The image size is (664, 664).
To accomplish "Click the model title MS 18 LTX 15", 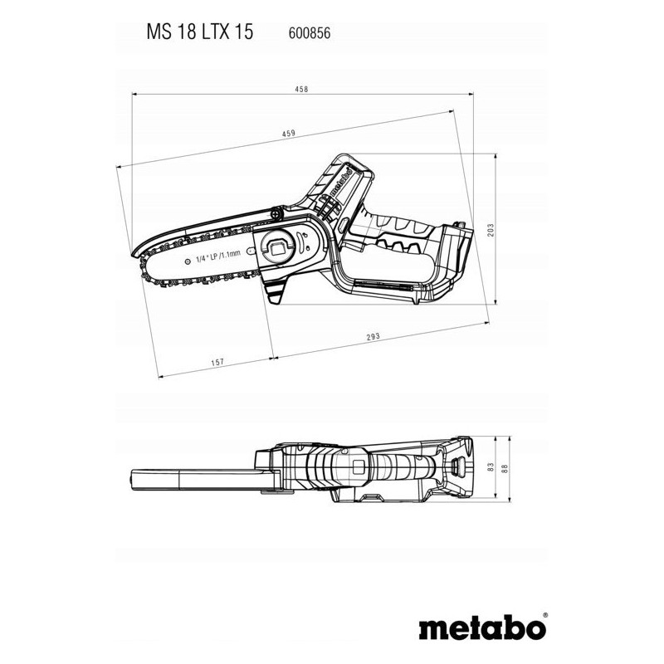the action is click(199, 32).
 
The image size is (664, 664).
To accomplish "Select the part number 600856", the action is click(309, 33).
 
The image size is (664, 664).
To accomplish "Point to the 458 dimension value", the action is click(301, 89).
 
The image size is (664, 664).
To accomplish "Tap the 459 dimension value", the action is click(288, 134).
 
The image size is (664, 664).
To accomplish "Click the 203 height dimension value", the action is click(491, 230).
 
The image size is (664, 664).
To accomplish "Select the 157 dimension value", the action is click(217, 362).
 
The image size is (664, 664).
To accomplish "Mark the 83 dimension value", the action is click(491, 467).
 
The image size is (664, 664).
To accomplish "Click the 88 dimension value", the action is click(504, 469).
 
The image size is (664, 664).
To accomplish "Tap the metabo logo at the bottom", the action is click(482, 627).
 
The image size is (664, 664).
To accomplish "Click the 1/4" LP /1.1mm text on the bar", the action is click(218, 257).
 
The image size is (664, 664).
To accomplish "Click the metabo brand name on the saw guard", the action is click(340, 182).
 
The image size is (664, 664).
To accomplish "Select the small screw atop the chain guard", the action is click(277, 212).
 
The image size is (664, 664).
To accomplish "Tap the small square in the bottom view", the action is click(359, 466).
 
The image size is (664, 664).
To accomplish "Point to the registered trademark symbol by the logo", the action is click(544, 614).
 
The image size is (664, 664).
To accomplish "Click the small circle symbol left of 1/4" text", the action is click(188, 261).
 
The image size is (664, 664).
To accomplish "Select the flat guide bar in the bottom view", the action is click(199, 480).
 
